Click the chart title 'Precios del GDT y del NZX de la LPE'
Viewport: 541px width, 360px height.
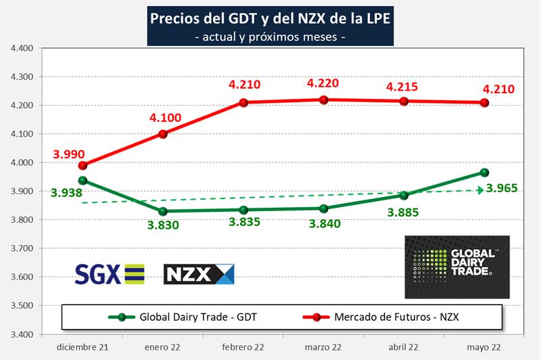270,17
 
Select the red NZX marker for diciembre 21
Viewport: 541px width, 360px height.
83,165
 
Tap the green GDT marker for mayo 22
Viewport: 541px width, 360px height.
484,173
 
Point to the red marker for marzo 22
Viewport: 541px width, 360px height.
323,99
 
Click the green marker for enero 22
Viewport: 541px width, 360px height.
163,211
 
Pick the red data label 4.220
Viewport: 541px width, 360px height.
323,84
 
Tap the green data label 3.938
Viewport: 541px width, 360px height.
66,193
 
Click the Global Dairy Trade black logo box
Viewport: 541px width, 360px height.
456,267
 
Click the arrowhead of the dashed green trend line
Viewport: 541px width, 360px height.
480,190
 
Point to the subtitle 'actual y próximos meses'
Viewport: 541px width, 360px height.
270,36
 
